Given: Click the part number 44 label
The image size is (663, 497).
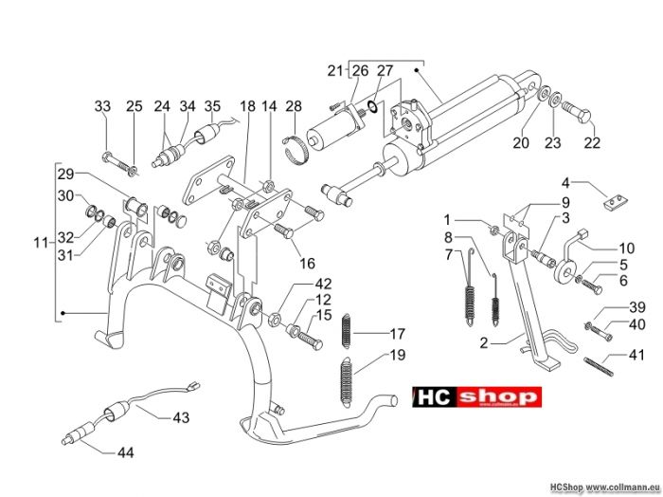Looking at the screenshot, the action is (x=126, y=453).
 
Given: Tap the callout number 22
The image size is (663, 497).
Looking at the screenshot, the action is (x=592, y=142).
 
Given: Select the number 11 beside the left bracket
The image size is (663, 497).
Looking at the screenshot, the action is (x=41, y=243).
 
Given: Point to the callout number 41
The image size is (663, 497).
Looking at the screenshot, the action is (x=636, y=355).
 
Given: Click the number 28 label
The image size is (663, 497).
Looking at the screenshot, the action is (x=294, y=106).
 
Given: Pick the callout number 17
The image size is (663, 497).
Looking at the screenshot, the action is (x=397, y=334).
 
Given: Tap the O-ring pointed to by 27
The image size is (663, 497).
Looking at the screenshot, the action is (x=373, y=106).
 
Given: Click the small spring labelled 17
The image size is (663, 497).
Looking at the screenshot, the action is (x=347, y=331).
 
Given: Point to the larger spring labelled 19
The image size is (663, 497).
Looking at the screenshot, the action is (x=347, y=382).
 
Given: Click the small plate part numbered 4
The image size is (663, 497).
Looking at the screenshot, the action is (x=616, y=202).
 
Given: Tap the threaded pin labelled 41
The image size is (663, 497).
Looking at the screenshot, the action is (x=598, y=366).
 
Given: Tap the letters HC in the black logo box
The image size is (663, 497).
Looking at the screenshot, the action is (x=435, y=397).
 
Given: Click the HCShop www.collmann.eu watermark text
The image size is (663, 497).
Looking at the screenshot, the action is (x=604, y=488).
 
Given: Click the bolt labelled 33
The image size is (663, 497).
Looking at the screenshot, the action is (x=118, y=164).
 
